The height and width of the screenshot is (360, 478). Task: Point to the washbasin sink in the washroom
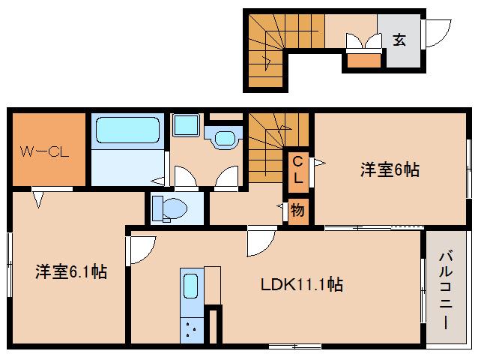point(223,137)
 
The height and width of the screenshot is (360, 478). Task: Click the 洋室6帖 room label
point(389,169)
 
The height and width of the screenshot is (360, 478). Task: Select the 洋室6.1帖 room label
point(70,271)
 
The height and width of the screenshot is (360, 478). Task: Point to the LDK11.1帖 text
point(302,285)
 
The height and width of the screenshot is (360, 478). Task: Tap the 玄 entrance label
point(399,40)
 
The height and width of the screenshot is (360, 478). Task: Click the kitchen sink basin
point(191,287)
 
